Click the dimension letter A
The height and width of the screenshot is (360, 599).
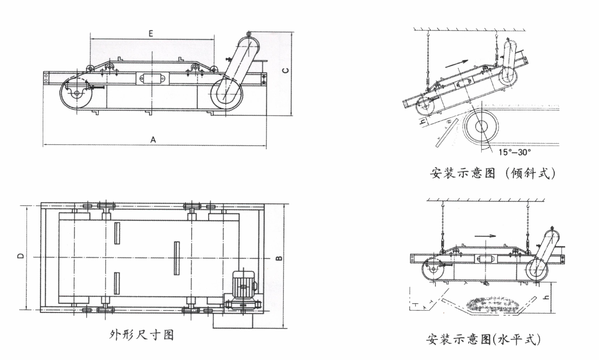[x=154, y=139]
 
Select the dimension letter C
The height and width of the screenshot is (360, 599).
[x=286, y=70]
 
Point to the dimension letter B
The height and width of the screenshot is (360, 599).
[x=279, y=258]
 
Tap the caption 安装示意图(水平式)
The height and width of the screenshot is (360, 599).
[x=483, y=339]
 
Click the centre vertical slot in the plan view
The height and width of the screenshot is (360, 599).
[x=176, y=258]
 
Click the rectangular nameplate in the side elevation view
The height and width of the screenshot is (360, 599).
[x=151, y=78]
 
